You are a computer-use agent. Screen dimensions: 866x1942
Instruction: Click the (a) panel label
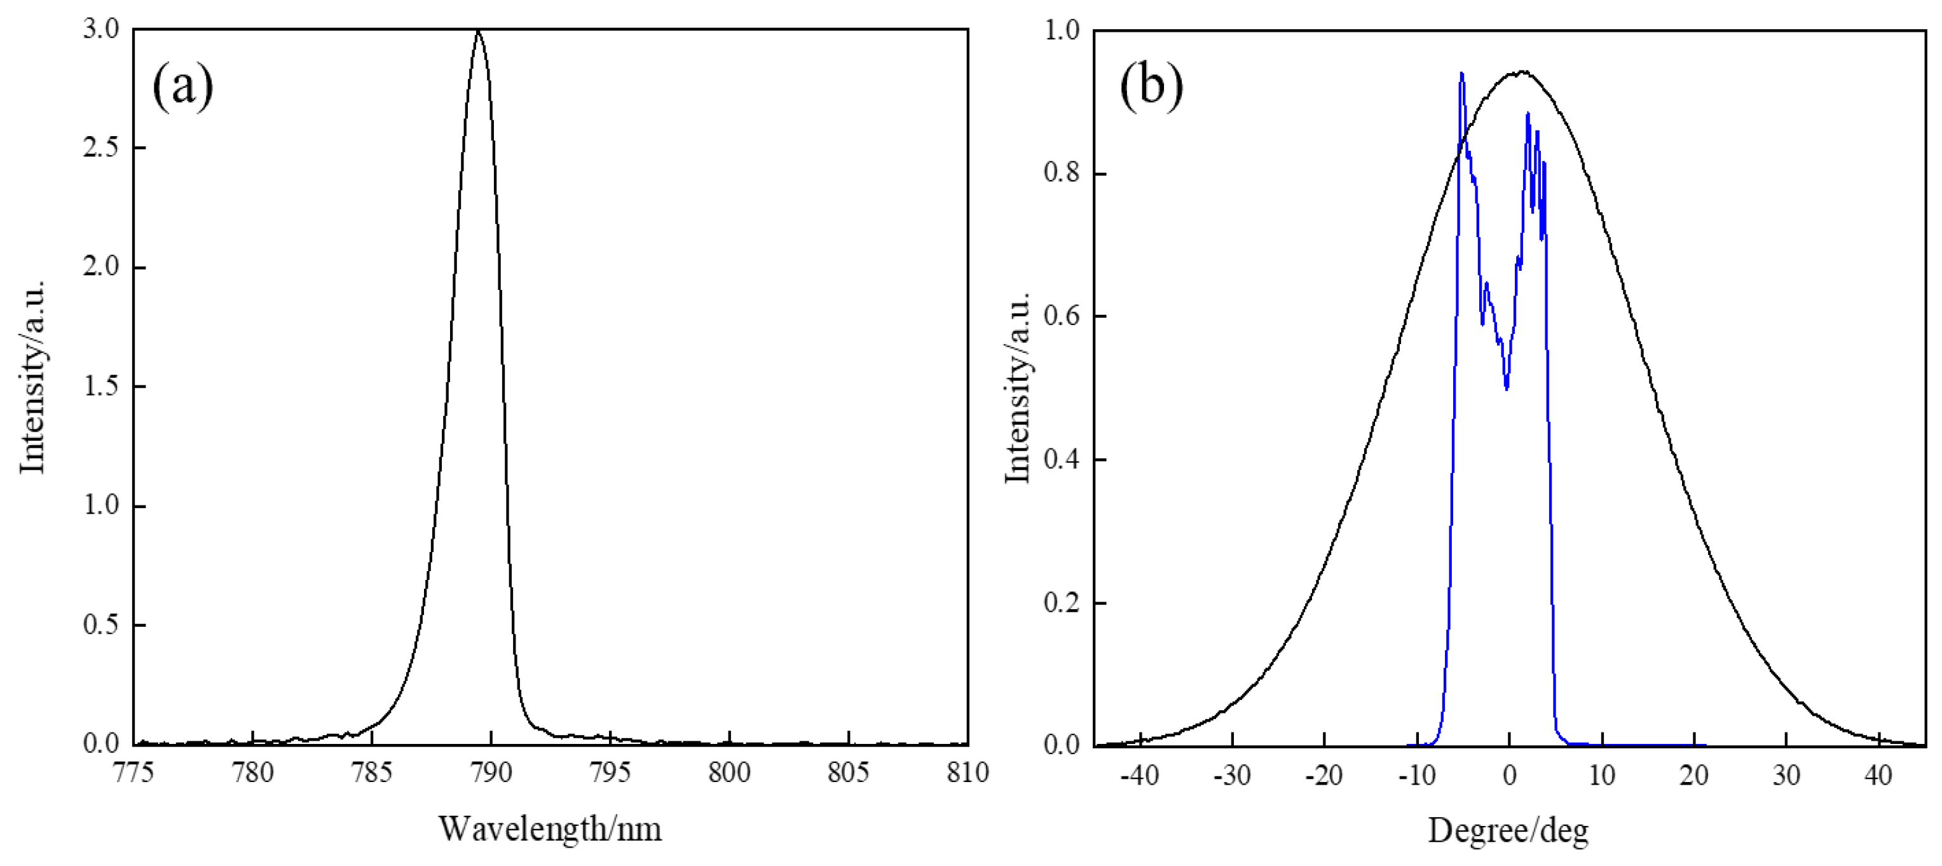click(x=182, y=85)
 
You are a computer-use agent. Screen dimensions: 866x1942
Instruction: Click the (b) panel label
click(x=1151, y=85)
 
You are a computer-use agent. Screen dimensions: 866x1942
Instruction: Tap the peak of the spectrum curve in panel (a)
click(x=477, y=32)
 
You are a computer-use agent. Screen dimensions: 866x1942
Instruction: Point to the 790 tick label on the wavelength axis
click(x=491, y=773)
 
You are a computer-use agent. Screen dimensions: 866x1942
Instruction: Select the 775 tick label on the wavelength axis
click(x=133, y=773)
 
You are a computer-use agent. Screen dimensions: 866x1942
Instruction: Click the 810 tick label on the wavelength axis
click(x=968, y=773)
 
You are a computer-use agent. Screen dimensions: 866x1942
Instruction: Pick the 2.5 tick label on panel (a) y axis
click(x=101, y=147)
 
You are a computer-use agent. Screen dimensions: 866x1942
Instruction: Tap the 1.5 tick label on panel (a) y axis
click(x=101, y=386)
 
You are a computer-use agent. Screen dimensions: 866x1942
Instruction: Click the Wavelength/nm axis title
click(x=550, y=829)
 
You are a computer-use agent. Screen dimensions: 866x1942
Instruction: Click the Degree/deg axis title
click(x=1508, y=830)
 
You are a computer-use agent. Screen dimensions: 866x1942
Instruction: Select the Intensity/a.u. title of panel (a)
click(x=32, y=377)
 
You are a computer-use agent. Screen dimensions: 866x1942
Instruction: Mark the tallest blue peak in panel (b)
click(x=1461, y=74)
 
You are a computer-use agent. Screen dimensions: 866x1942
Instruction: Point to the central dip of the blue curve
click(x=1507, y=388)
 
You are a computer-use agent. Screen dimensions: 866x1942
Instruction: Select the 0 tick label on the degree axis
click(x=1509, y=774)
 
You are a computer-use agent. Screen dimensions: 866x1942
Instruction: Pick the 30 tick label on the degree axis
click(x=1786, y=774)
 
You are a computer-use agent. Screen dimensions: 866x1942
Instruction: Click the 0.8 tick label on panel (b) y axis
click(x=1062, y=173)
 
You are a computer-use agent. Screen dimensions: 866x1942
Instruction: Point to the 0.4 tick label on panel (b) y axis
click(x=1062, y=460)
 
